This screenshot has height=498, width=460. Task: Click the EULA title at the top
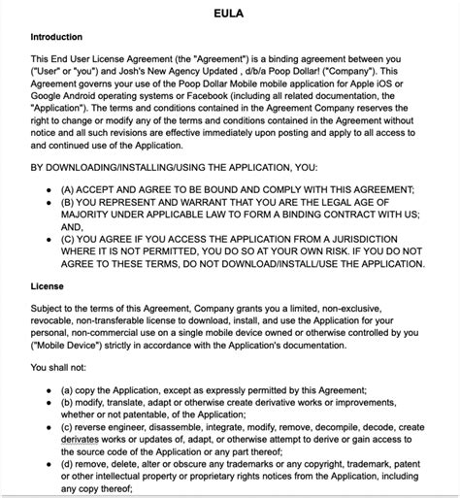point(229,14)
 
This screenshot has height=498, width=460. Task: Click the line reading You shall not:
point(64,368)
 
